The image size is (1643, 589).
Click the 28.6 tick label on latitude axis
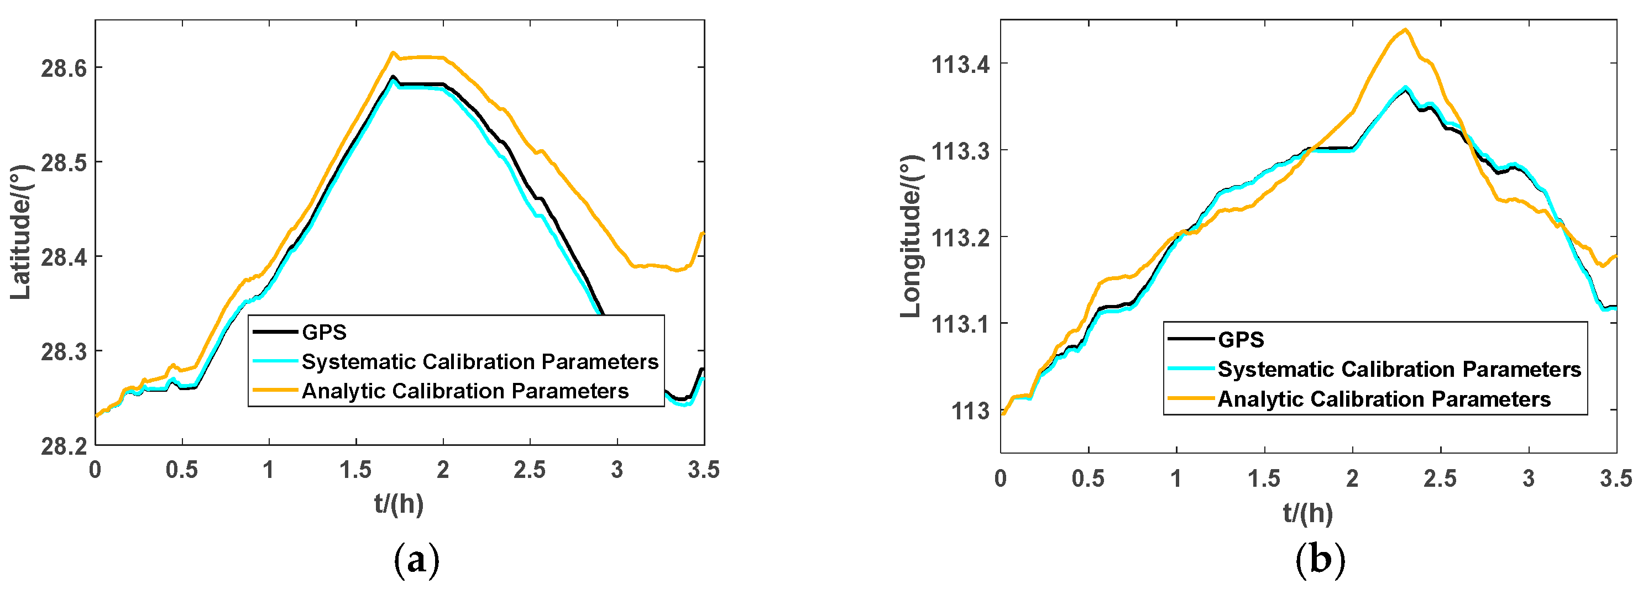[64, 67]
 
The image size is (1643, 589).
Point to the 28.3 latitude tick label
[64, 351]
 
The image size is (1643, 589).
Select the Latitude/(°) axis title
[20, 233]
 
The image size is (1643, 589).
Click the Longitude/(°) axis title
[912, 236]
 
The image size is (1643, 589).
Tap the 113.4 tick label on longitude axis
[961, 65]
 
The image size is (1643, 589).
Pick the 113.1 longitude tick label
[961, 324]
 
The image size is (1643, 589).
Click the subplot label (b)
[1320, 560]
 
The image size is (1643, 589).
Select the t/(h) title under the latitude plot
[399, 503]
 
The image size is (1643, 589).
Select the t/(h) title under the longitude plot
[1308, 513]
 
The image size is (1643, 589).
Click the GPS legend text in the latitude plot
[324, 332]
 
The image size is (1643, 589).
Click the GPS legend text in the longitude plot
[1241, 340]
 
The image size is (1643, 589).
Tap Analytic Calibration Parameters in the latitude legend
[465, 391]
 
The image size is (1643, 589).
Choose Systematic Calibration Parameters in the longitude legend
[1399, 369]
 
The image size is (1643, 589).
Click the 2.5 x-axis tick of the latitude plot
[530, 470]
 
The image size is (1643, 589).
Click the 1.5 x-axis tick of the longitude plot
[1264, 478]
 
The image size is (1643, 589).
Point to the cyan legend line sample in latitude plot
[275, 361]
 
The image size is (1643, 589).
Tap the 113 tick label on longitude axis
[970, 411]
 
